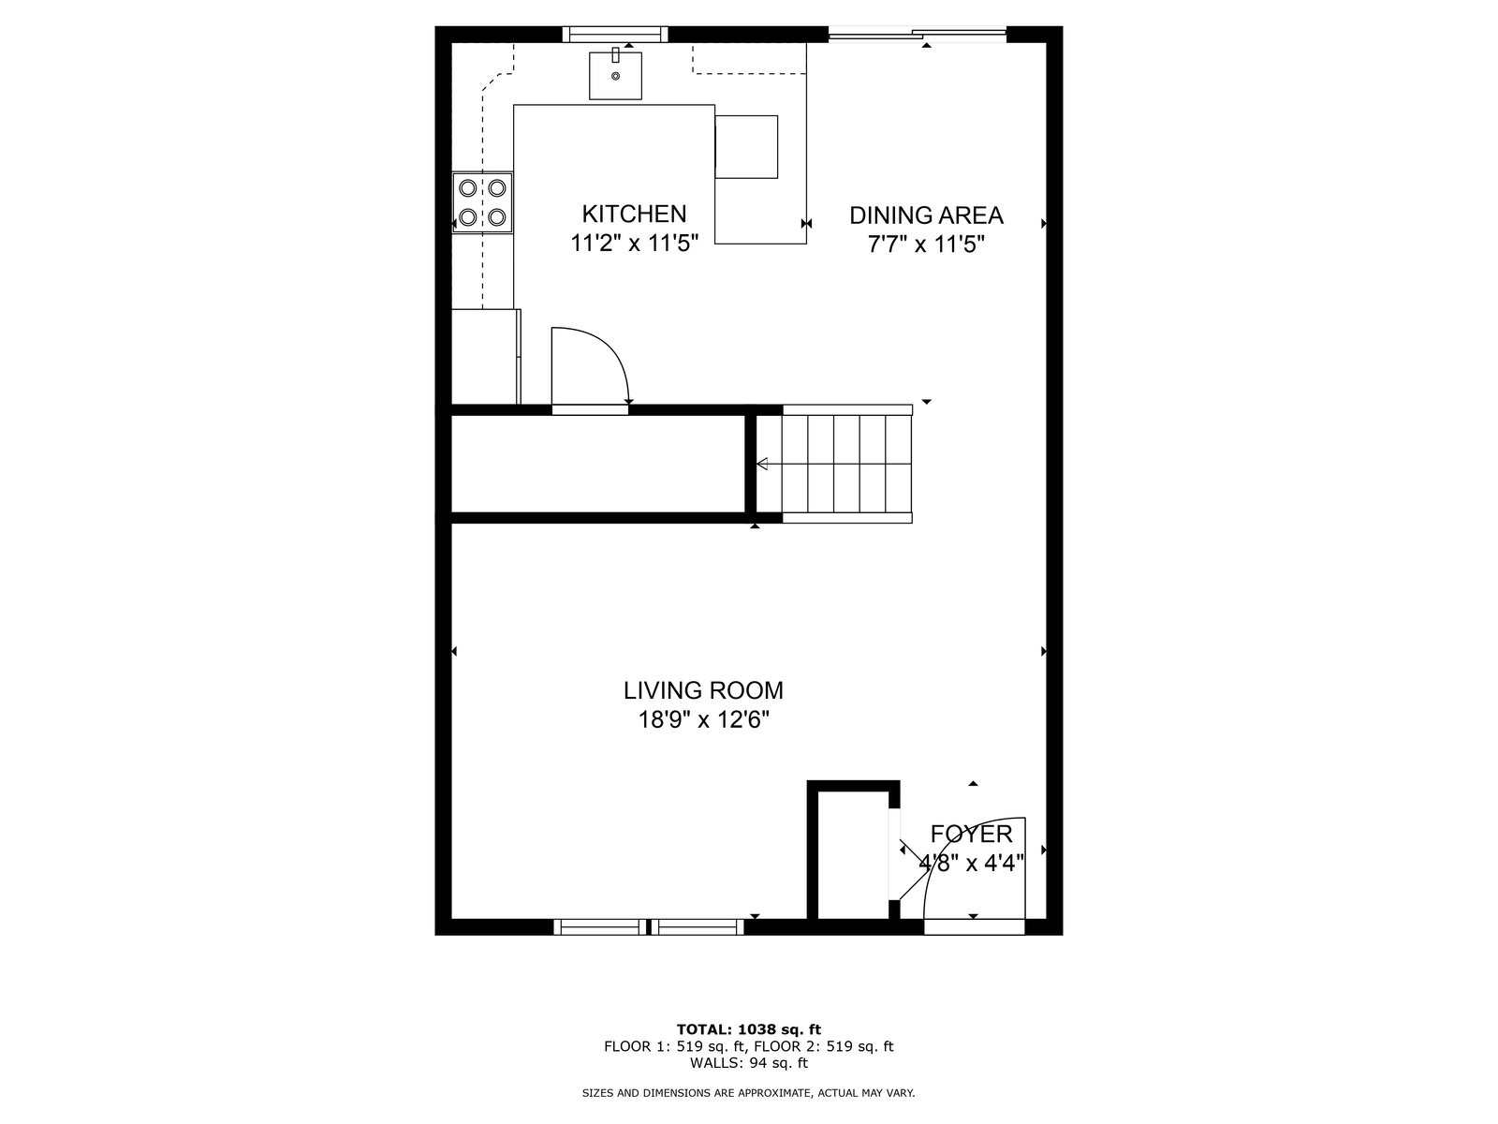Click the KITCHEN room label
click(634, 214)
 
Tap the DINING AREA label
click(926, 215)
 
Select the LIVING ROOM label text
click(703, 690)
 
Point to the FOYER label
click(971, 834)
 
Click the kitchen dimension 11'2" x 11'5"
click(634, 243)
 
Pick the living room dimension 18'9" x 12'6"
click(703, 719)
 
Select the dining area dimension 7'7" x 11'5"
click(926, 244)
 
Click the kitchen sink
click(615, 75)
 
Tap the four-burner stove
click(482, 202)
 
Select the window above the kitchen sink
click(615, 34)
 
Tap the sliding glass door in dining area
click(918, 34)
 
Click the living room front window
click(648, 926)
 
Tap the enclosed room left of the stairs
click(598, 464)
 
